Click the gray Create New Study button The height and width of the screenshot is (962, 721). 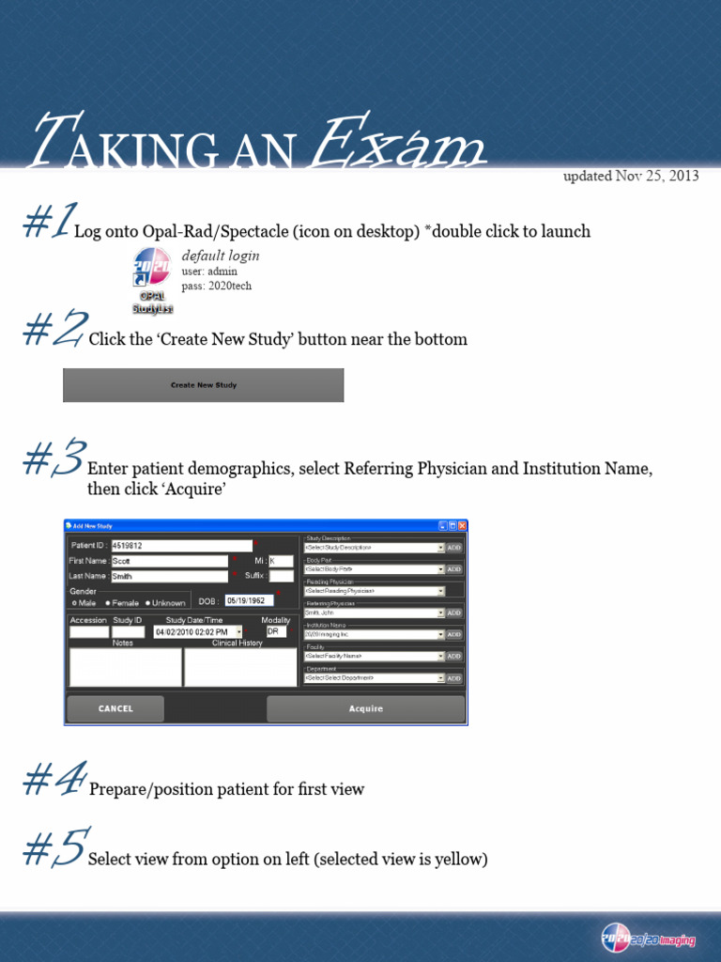pos(203,385)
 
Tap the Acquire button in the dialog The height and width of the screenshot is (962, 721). pos(365,708)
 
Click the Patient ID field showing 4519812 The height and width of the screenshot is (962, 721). pos(181,545)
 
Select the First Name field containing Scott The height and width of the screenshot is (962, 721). pos(169,561)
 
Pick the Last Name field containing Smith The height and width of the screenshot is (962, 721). pos(169,576)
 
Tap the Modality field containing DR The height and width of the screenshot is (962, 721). pos(276,632)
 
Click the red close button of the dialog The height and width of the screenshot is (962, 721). pos(461,526)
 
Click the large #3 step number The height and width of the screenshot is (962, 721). pos(54,459)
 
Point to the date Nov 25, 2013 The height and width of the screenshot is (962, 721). pos(657,176)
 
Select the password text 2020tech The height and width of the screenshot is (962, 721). pos(230,286)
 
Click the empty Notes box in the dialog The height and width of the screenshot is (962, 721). pos(125,667)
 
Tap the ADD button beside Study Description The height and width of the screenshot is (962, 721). pos(453,547)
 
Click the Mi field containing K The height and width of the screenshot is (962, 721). pos(281,561)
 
